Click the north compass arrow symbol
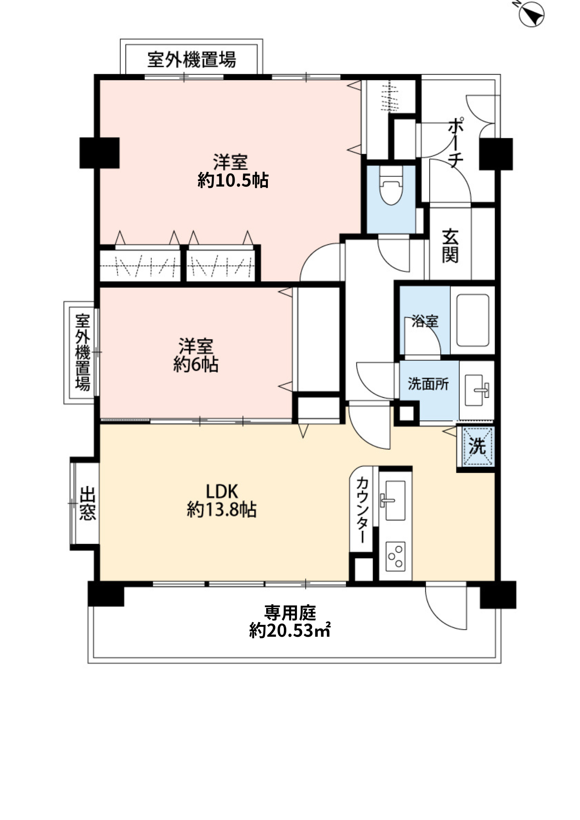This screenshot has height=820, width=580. click(x=531, y=15)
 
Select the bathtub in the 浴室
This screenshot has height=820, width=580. click(x=473, y=320)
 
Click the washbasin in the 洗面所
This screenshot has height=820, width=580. click(x=476, y=389)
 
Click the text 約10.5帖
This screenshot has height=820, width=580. click(x=233, y=180)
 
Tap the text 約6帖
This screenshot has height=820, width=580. click(x=196, y=364)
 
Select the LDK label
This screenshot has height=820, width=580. click(x=221, y=491)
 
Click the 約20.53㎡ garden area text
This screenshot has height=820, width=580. click(x=290, y=631)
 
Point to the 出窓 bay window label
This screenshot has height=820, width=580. click(x=88, y=503)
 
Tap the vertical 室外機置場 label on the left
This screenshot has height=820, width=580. click(x=82, y=352)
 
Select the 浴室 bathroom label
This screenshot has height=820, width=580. click(x=425, y=321)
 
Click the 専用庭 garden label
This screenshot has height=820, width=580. click(x=290, y=613)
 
